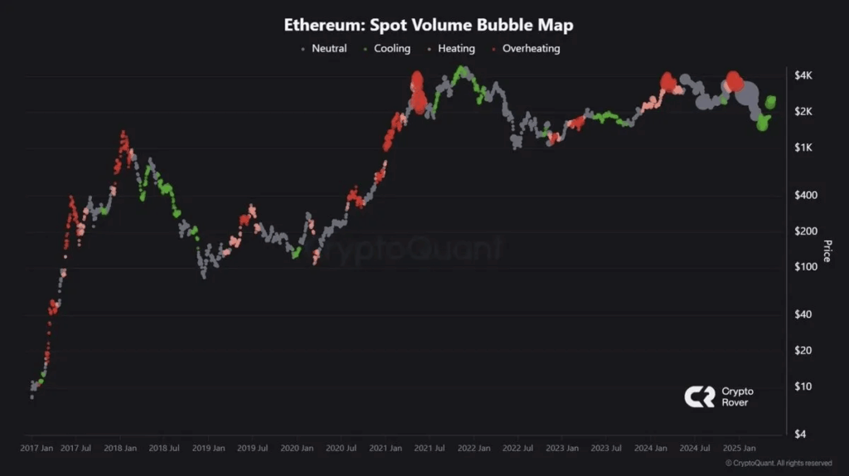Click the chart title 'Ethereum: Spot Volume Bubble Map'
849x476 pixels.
click(x=428, y=25)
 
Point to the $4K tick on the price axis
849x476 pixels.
click(x=803, y=75)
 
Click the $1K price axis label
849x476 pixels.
click(x=803, y=148)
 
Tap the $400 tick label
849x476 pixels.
click(x=803, y=195)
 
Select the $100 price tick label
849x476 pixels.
click(x=803, y=267)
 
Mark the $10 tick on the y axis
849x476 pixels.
click(x=803, y=386)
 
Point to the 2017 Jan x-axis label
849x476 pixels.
click(x=36, y=448)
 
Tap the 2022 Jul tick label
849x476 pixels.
click(x=518, y=448)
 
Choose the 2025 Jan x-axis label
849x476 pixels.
click(x=738, y=448)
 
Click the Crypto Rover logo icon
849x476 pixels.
click(x=699, y=397)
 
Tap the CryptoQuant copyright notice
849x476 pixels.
click(x=779, y=463)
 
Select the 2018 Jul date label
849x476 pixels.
click(x=164, y=448)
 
